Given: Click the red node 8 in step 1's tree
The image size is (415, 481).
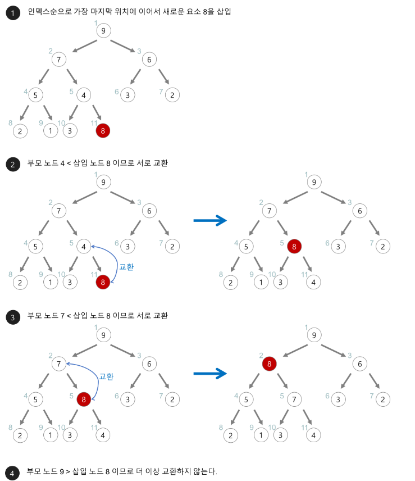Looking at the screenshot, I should point(103,131).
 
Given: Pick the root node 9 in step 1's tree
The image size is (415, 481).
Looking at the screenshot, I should point(103,31).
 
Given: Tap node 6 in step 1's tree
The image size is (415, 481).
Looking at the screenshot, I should point(149,59).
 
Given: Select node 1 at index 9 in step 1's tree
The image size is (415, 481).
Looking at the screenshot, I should point(51,131).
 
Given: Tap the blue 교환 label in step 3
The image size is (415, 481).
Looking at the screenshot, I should point(107,376).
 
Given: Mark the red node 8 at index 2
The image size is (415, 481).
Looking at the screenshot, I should point(270,364).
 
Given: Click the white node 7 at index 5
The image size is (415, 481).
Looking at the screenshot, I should point(293,400).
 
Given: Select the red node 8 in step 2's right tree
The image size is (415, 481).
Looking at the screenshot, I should point(293,246).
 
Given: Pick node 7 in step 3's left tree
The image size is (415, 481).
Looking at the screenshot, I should point(58,364).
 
